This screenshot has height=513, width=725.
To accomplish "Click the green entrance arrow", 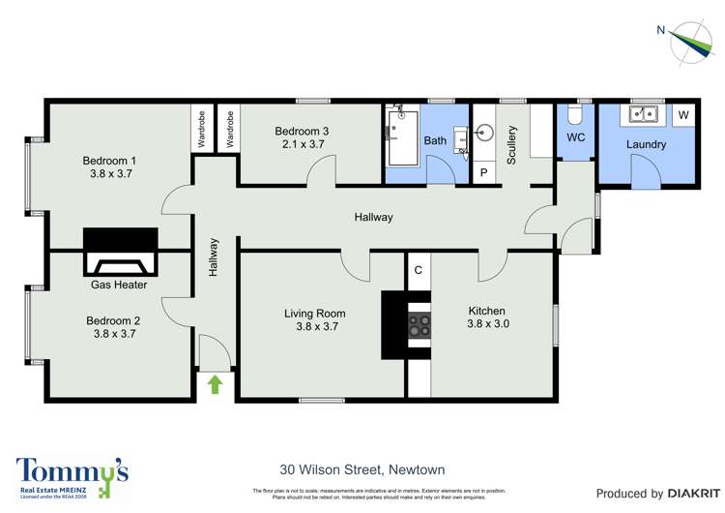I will pos(215,385).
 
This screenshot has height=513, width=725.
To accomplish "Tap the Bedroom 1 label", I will pos(109,161).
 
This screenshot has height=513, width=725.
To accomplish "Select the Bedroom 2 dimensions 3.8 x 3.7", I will pos(113,334).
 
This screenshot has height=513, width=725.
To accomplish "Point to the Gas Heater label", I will pos(119,285).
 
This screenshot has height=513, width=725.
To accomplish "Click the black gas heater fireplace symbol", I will pos(120,252).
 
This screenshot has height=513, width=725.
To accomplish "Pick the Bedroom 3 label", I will pos(302,132).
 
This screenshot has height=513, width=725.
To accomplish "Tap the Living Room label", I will pos(314,314).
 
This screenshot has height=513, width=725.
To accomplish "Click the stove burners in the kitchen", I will pos(419,326).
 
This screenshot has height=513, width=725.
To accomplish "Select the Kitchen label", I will pos(487,311).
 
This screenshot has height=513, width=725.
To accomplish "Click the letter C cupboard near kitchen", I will pos(418,270).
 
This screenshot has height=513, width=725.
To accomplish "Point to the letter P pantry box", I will pos(484,172).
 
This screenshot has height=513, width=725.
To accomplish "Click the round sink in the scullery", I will pos(485,132).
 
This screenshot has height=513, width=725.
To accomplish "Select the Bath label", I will pos(435,141).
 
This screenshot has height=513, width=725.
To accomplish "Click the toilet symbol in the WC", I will pos(575,116).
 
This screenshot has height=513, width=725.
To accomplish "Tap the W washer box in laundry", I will pos(683,115).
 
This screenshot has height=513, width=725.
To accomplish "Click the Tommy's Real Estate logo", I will pos(72,476).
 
